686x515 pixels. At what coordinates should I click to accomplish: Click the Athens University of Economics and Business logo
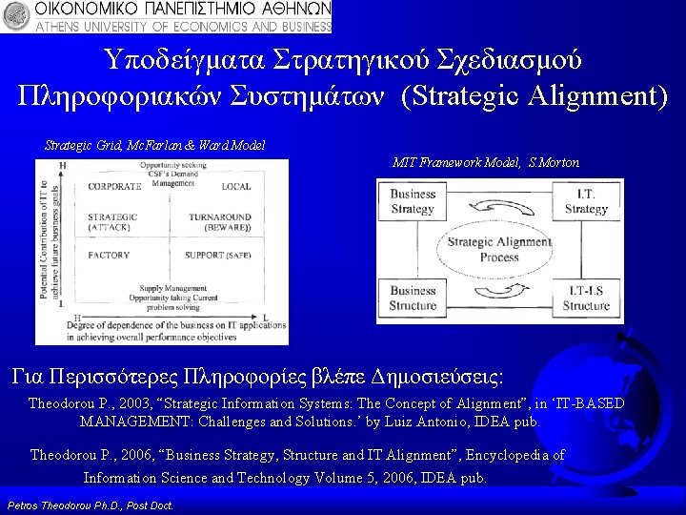pyautogui.click(x=167, y=17)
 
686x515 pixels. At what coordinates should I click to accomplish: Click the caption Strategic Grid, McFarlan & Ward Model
pyautogui.click(x=154, y=145)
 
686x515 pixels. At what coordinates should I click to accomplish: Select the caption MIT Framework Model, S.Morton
pyautogui.click(x=486, y=163)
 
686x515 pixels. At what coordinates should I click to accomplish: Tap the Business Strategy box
pyautogui.click(x=413, y=202)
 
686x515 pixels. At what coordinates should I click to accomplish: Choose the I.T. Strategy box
pyautogui.click(x=585, y=202)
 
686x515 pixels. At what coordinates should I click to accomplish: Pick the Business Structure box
pyautogui.click(x=413, y=299)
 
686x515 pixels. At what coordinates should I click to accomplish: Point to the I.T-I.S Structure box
pyautogui.click(x=585, y=299)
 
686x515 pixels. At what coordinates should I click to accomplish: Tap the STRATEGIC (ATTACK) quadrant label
pyautogui.click(x=112, y=222)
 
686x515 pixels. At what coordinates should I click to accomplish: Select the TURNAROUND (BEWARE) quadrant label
pyautogui.click(x=219, y=222)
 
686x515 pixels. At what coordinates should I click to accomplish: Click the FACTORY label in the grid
pyautogui.click(x=109, y=256)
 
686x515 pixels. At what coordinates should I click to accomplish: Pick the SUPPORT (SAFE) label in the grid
pyautogui.click(x=218, y=256)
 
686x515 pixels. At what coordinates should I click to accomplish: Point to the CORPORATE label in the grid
pyautogui.click(x=114, y=187)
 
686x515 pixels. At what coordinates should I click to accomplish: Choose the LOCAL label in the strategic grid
pyautogui.click(x=235, y=187)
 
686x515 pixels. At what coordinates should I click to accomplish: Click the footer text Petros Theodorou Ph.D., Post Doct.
pyautogui.click(x=90, y=504)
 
